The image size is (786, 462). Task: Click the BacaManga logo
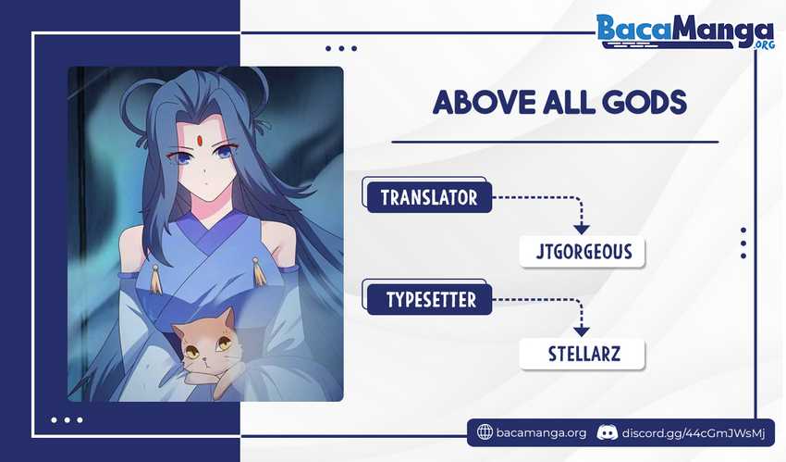[x=685, y=31]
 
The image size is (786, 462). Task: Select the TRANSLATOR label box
[x=429, y=197]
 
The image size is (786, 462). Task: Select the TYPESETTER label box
[x=429, y=299]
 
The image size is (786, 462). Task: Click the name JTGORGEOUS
[x=583, y=251]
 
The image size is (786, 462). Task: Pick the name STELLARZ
[x=584, y=355]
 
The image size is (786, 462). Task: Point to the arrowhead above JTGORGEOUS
[x=581, y=230]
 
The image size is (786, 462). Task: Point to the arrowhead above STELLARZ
[x=581, y=331]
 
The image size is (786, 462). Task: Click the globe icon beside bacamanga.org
[x=485, y=431]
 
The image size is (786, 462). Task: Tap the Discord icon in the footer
[x=607, y=432]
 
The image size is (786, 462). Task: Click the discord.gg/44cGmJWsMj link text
[x=694, y=433]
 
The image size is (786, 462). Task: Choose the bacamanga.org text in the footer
[x=541, y=433]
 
